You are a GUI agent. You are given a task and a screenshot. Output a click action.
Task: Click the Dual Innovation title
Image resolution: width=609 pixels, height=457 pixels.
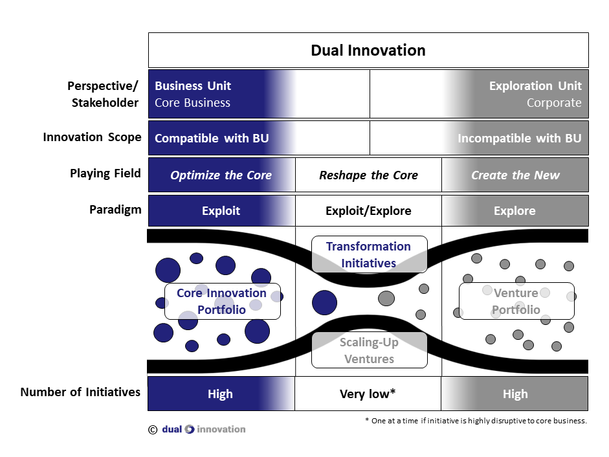tap(368, 50)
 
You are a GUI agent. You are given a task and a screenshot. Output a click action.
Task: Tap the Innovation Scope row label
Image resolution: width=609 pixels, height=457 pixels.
tap(92, 137)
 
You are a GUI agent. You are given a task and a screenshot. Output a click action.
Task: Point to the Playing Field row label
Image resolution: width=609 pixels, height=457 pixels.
tap(105, 173)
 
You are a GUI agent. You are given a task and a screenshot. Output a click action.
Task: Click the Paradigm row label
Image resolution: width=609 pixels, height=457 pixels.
tap(115, 210)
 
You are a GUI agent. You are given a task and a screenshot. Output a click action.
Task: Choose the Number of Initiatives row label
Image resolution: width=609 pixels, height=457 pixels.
tap(80, 392)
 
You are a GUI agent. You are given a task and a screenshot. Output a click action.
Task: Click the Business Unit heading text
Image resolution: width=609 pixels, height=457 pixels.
tap(193, 86)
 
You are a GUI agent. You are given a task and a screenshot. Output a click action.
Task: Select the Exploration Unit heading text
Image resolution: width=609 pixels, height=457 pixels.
tap(535, 86)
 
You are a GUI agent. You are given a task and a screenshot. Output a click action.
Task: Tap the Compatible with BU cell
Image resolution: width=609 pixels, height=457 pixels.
tap(212, 139)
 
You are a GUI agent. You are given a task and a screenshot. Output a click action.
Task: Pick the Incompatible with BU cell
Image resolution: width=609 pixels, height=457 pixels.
tap(519, 139)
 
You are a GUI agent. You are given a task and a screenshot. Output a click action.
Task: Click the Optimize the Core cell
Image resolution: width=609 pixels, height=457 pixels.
tap(221, 175)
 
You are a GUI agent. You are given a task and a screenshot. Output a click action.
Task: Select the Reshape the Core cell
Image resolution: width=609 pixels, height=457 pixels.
tap(368, 175)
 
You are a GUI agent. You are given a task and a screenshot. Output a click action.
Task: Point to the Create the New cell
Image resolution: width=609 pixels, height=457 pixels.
tap(515, 175)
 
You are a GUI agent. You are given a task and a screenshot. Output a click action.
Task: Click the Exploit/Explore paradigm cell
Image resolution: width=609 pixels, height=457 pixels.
tap(368, 211)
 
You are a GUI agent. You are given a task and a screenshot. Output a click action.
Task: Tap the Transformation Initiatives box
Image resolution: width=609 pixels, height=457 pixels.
tap(369, 254)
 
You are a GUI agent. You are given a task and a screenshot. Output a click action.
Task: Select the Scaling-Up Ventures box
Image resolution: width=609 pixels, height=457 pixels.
tap(369, 350)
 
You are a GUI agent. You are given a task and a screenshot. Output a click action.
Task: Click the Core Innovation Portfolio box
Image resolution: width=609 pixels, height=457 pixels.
tap(222, 301)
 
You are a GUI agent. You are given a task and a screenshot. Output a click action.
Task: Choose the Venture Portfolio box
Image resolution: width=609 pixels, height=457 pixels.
tap(516, 301)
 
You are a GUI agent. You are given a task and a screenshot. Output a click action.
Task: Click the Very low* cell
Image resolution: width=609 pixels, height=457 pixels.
tap(368, 394)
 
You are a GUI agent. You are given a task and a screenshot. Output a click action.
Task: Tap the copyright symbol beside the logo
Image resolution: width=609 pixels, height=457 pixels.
tap(152, 429)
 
